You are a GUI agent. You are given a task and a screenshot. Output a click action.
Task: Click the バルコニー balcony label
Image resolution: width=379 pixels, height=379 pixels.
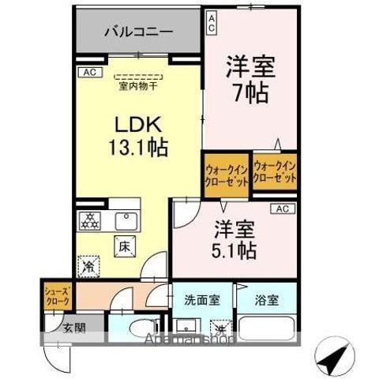pyautogui.click(x=137, y=33)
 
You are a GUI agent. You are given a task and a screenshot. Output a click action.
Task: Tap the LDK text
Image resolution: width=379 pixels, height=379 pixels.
pyautogui.click(x=141, y=126)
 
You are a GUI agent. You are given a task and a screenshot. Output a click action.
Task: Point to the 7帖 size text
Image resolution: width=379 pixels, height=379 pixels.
pyautogui.click(x=250, y=91)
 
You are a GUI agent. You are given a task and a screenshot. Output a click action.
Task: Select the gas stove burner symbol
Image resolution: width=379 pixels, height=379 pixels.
pyautogui.click(x=92, y=222)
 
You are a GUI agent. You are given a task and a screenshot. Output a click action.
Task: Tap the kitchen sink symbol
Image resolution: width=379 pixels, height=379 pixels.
pyautogui.click(x=124, y=221)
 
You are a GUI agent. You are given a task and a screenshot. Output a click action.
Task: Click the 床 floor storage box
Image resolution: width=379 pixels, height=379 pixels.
pyautogui.click(x=125, y=246)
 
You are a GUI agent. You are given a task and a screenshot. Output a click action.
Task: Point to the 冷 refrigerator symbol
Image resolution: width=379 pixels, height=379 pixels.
pyautogui.click(x=91, y=267)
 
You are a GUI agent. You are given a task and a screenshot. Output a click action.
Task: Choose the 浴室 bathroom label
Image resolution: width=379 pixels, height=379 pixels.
pyautogui.click(x=267, y=300)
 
